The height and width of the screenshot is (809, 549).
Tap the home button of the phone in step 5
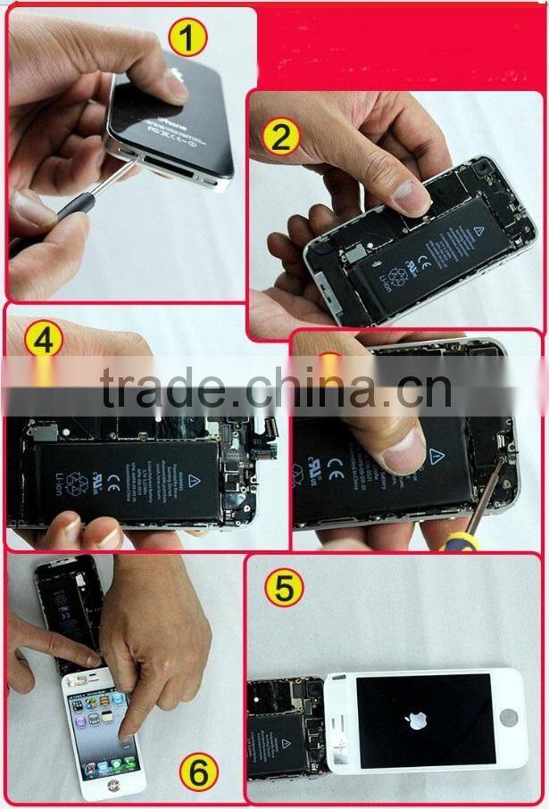(509, 718)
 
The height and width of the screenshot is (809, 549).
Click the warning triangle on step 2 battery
(477, 230)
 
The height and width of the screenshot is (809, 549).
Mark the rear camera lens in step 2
(484, 166)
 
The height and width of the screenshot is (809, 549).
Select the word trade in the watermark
(162, 389)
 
